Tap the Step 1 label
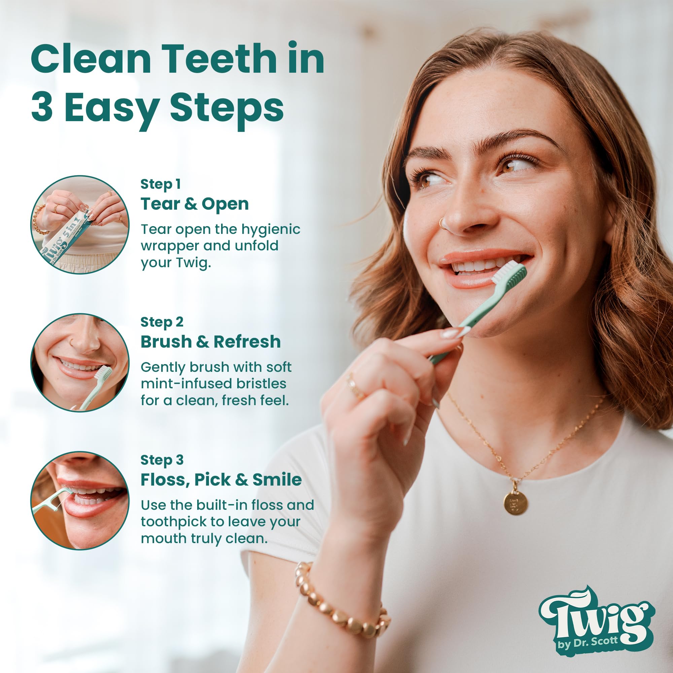161,185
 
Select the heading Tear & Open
195,204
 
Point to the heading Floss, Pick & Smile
221,480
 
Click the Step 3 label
162,460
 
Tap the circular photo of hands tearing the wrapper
80,225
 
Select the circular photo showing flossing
80,501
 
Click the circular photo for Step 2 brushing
80,363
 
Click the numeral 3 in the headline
42,108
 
